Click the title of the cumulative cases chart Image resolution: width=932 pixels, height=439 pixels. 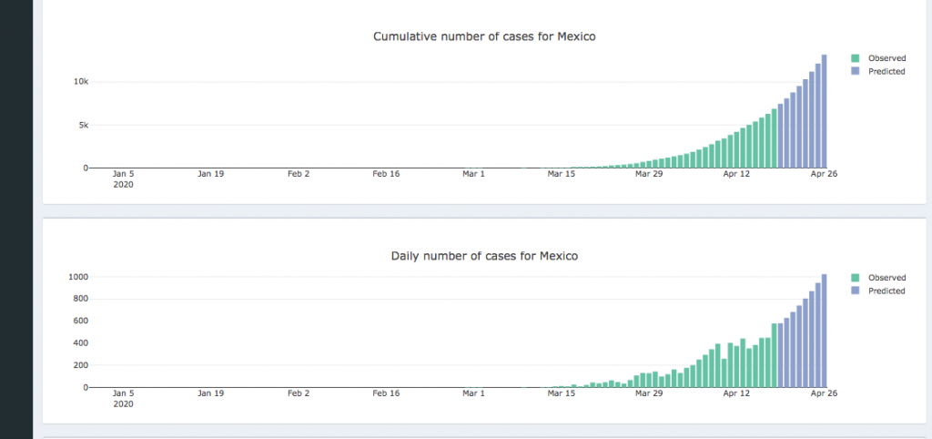coord(484,36)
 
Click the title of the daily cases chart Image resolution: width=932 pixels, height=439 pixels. coord(484,256)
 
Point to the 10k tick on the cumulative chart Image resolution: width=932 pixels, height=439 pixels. coord(81,82)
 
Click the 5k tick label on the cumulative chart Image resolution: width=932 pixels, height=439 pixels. coord(83,125)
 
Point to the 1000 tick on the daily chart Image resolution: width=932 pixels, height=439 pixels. coord(79,277)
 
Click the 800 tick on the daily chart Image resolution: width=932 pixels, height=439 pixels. coord(81,299)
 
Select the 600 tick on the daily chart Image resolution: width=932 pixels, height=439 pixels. coord(81,321)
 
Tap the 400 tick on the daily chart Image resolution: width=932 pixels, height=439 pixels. coord(81,343)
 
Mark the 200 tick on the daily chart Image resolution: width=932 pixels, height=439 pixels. coord(81,365)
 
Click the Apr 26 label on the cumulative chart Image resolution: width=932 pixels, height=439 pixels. coord(825,174)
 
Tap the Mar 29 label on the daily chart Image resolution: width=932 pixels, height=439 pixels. coord(649,393)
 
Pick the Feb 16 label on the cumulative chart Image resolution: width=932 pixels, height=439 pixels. coord(386,174)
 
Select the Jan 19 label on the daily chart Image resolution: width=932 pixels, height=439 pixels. coord(211,393)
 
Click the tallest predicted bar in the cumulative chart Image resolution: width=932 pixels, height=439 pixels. coord(824,111)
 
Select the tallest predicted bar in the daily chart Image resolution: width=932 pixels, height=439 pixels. coord(824,331)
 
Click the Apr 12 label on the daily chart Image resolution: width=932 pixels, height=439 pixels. coord(736,393)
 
